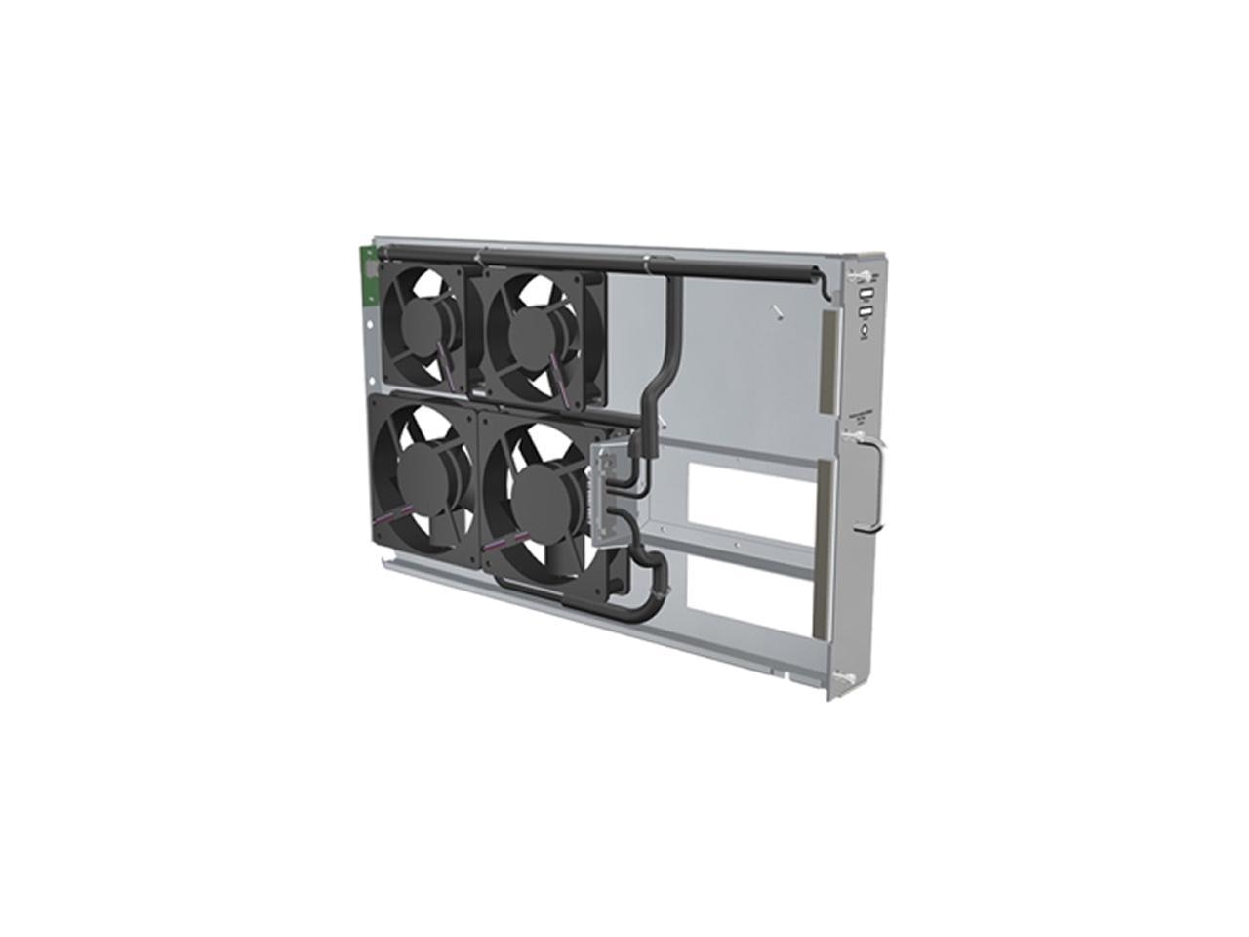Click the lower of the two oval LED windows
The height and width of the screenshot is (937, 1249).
866,313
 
